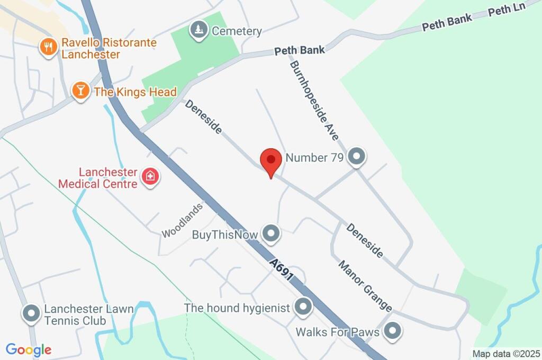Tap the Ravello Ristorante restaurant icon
(x=49, y=47)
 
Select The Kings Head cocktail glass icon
(x=80, y=91)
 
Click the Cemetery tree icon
(x=199, y=31)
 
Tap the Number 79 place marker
(x=357, y=157)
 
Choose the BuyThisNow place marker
(x=272, y=233)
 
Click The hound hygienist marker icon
(x=303, y=307)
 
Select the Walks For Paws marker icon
(x=392, y=331)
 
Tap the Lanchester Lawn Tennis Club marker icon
(x=31, y=313)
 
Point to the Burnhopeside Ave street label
(x=313, y=101)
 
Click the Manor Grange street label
(x=365, y=286)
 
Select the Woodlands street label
(x=182, y=221)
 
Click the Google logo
(x=29, y=349)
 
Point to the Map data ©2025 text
(x=506, y=353)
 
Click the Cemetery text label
(x=237, y=31)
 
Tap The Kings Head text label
(x=135, y=92)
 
